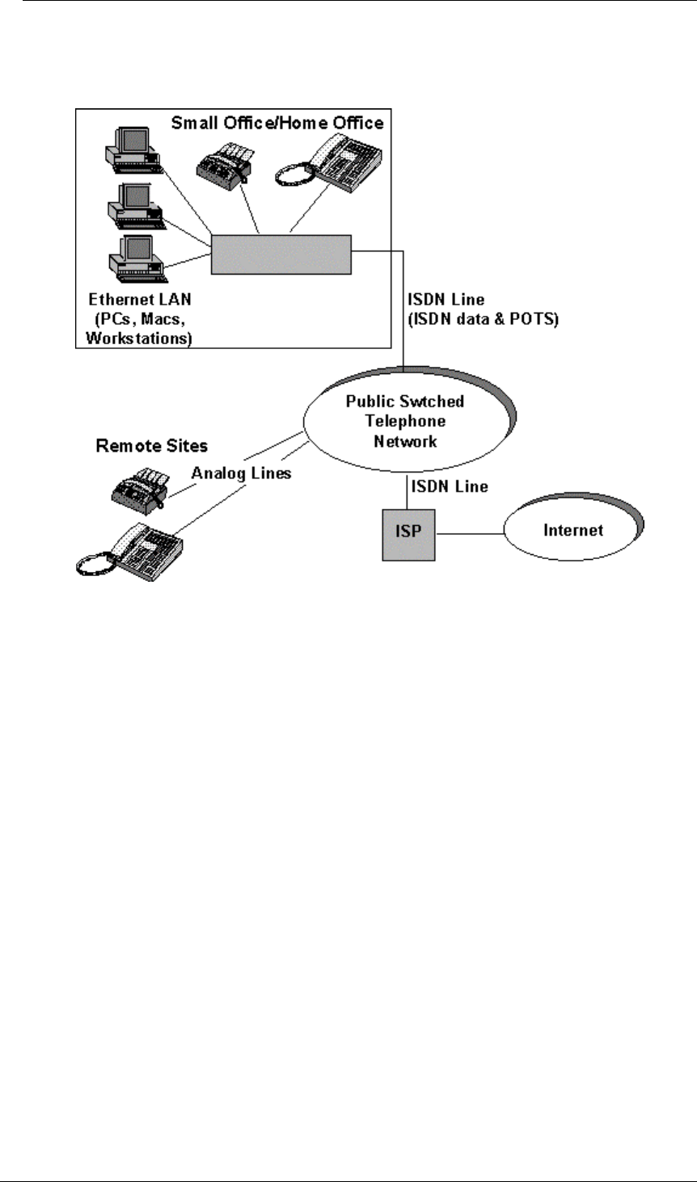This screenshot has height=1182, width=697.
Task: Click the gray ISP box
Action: click(408, 532)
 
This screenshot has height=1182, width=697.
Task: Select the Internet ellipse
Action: click(573, 531)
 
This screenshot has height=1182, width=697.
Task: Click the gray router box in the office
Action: click(281, 254)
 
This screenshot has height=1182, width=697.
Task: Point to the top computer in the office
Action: click(133, 149)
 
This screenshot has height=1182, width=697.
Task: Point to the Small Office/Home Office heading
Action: click(277, 123)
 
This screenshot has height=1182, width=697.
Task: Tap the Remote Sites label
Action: click(151, 445)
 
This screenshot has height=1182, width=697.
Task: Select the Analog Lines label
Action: click(241, 473)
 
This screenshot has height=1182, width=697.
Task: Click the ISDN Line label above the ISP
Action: click(449, 486)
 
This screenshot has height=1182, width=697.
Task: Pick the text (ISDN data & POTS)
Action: click(483, 318)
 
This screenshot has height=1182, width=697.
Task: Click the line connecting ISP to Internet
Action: click(470, 533)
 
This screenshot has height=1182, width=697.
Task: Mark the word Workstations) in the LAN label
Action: click(138, 338)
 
